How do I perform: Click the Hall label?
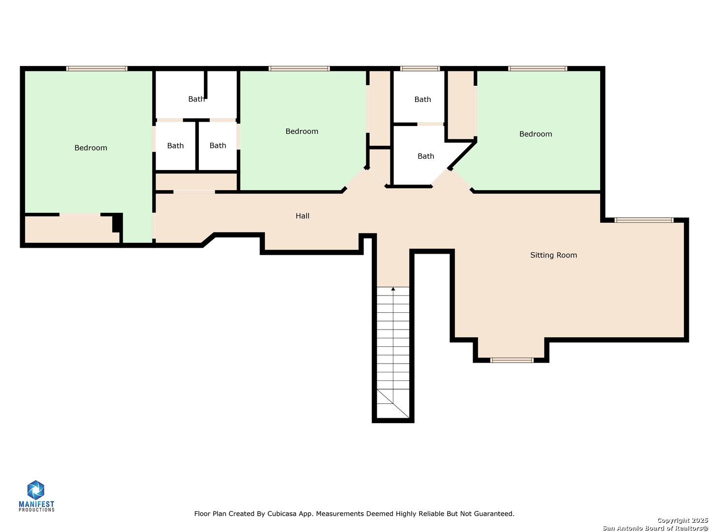302,216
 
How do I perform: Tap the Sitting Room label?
553,255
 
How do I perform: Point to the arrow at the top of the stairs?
393,289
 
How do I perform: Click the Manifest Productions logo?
36,496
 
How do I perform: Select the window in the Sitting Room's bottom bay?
512,360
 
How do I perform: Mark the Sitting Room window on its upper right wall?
644,220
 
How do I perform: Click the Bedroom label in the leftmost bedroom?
91,148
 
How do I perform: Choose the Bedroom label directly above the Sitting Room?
536,134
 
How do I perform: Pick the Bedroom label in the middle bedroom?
302,131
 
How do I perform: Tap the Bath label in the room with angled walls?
426,156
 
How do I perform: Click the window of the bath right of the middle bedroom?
419,68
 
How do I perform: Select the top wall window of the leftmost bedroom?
97,68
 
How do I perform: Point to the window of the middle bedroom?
299,68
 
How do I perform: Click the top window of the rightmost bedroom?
538,68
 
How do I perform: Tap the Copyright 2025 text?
682,520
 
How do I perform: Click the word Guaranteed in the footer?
492,514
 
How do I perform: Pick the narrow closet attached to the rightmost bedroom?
460,105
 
